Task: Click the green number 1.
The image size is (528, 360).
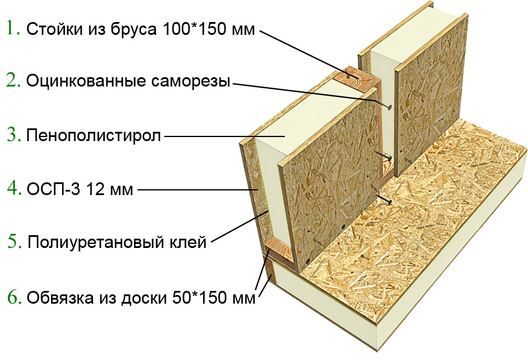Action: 13,28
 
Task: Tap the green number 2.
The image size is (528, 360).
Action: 13,80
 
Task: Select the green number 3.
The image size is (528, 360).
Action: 14,135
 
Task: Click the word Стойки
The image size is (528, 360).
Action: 56,29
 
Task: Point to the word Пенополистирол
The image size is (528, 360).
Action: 93,136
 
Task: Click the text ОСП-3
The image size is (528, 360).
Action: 53,189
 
